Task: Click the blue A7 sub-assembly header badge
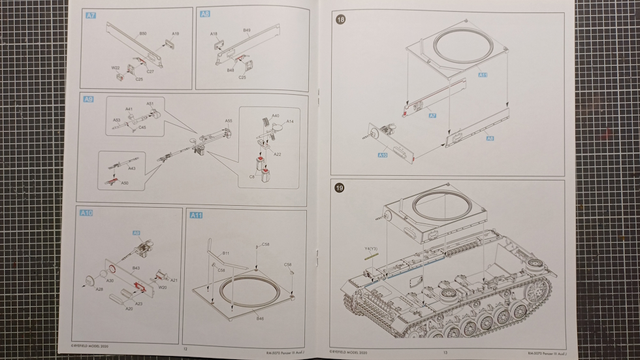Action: point(91,14)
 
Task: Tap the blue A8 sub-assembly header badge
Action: point(205,14)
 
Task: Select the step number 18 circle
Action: point(340,20)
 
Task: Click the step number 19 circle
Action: point(340,188)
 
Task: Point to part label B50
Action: point(142,33)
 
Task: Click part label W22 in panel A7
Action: point(115,67)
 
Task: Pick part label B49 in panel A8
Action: point(247,30)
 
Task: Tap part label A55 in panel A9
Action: point(229,121)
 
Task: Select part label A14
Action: point(291,121)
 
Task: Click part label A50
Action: point(125,183)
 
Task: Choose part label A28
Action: point(99,289)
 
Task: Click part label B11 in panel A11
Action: point(225,253)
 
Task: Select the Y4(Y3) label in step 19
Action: point(371,248)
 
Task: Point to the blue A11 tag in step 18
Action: point(482,75)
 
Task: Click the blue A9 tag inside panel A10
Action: point(136,233)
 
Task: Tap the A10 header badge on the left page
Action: point(86,213)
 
